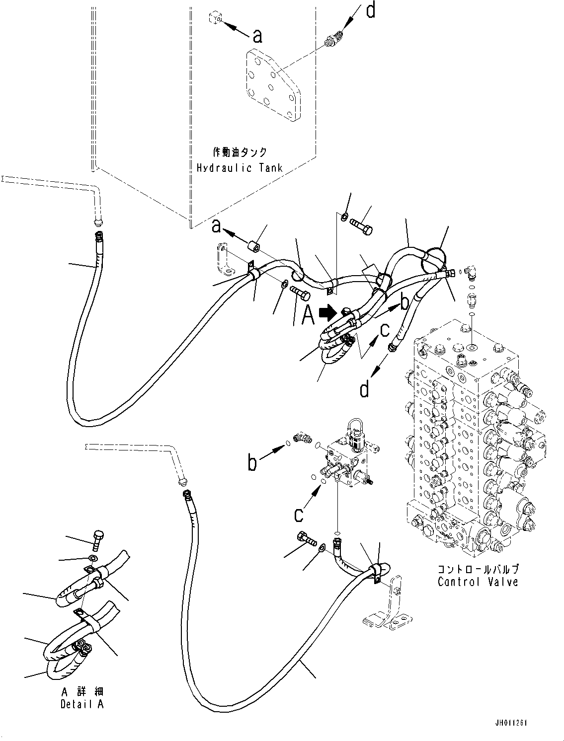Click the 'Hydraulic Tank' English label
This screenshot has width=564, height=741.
[240, 167]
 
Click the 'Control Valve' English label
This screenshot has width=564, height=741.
[478, 582]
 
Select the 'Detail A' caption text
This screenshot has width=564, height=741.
[82, 704]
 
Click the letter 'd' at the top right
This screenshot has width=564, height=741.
[371, 11]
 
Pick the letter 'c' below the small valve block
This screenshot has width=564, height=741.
[298, 515]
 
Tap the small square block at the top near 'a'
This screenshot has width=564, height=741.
[214, 19]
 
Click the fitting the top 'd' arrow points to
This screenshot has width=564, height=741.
[333, 40]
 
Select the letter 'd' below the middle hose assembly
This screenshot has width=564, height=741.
[365, 389]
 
